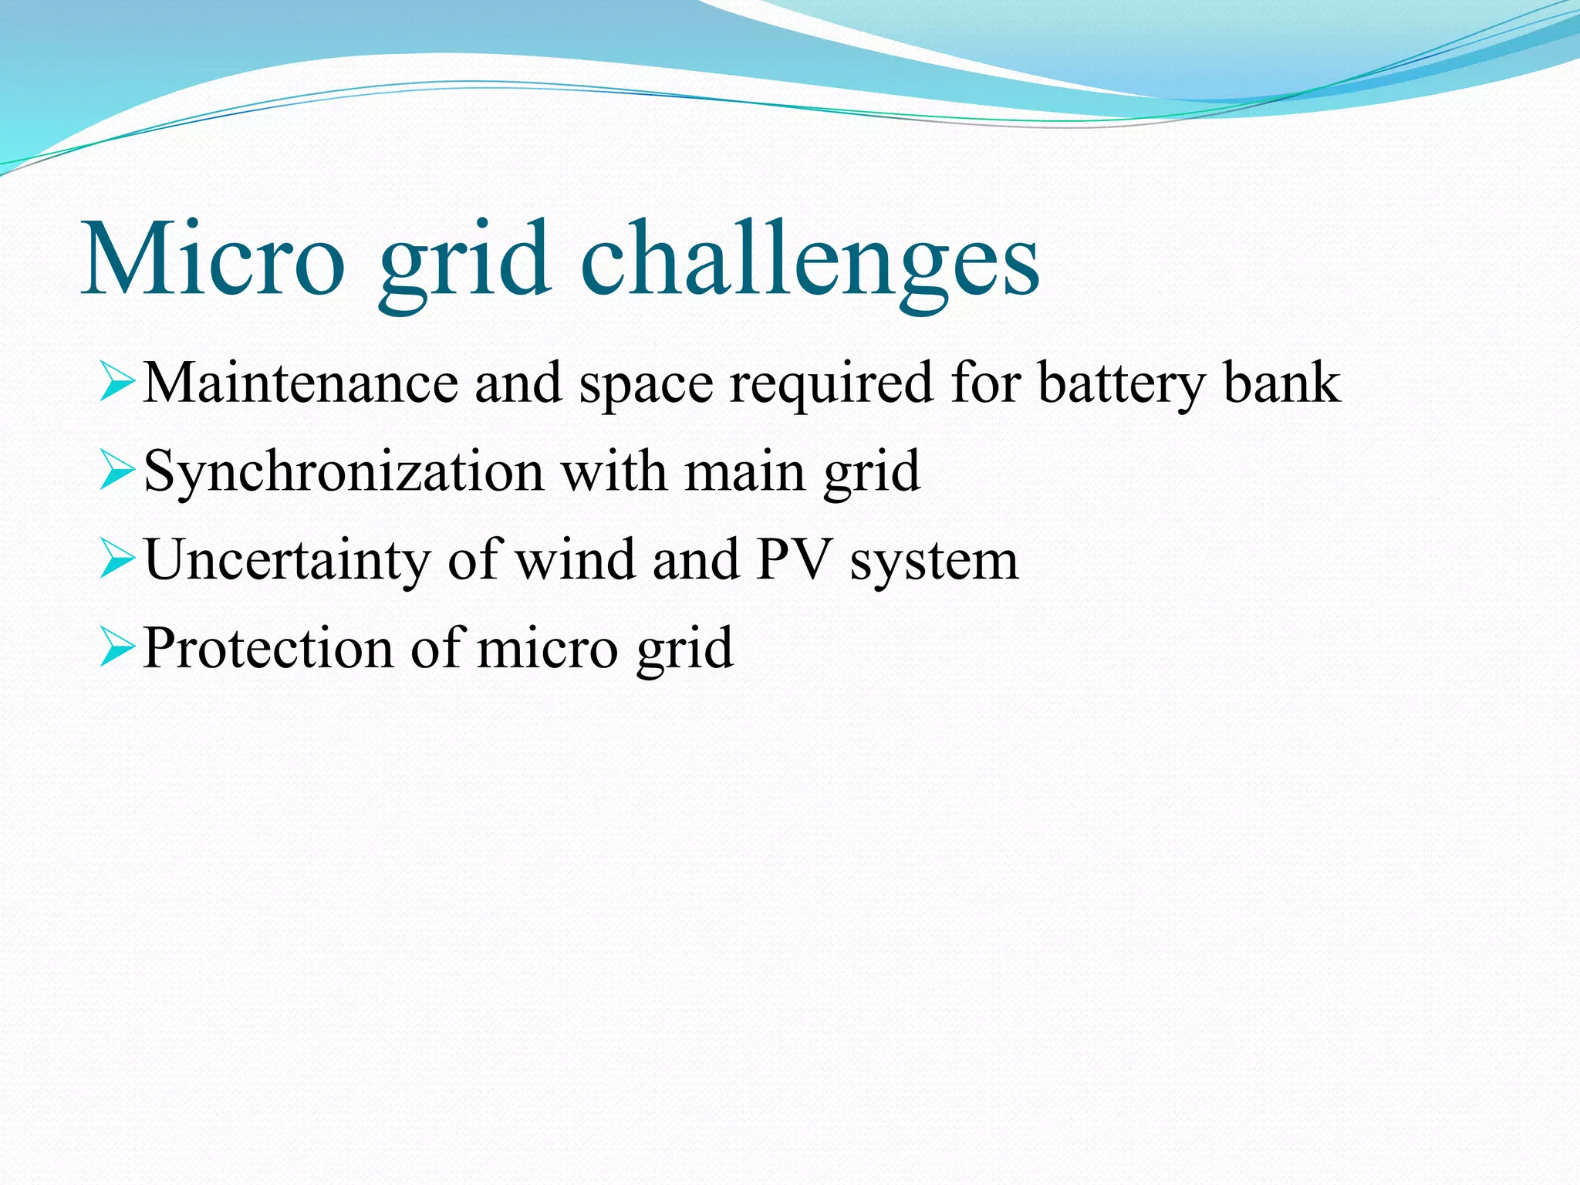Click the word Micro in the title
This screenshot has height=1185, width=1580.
point(212,258)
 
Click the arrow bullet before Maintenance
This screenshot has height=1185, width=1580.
point(117,383)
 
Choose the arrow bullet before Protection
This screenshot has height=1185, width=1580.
point(117,649)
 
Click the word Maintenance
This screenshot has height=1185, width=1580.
point(301,383)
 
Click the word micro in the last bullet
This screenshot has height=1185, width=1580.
point(548,649)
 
